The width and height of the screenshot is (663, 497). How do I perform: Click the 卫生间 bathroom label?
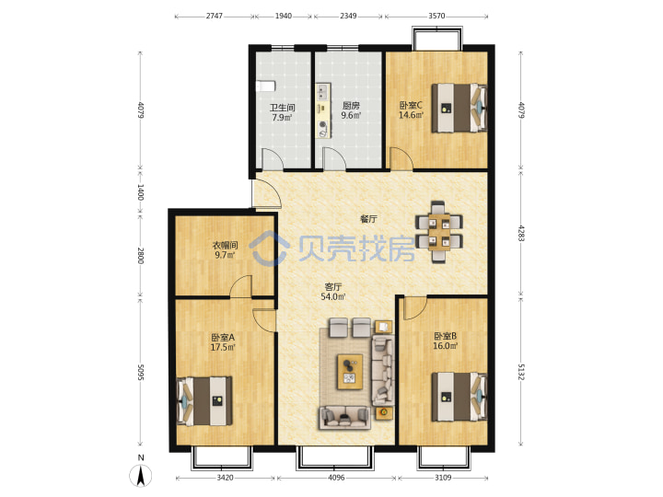point(283,108)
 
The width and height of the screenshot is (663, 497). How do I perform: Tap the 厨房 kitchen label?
point(351,105)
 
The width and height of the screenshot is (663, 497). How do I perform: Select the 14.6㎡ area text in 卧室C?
point(411,114)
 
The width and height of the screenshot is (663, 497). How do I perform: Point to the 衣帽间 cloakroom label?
point(225,245)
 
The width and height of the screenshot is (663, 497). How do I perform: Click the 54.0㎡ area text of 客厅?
point(332,296)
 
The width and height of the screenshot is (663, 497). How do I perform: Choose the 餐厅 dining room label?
point(368,219)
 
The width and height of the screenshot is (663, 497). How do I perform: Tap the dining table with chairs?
point(439,232)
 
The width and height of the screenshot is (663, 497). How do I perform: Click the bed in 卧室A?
point(204,400)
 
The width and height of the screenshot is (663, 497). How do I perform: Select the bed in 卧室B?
point(459,397)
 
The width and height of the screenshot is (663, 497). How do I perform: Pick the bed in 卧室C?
point(459,109)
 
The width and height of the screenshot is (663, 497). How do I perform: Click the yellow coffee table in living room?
point(350,372)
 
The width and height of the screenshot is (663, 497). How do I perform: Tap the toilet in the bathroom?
point(265,86)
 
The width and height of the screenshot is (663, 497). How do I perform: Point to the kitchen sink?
point(322,91)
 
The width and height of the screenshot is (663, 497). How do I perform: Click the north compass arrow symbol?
point(140,475)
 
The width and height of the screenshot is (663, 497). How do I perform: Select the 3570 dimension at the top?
point(436,16)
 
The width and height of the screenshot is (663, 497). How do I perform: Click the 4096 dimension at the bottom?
point(336,478)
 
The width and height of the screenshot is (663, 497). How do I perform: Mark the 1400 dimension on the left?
point(140,192)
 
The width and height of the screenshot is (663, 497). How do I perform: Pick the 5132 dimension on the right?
point(521,372)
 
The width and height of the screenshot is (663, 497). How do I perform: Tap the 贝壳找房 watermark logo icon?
point(269,248)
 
